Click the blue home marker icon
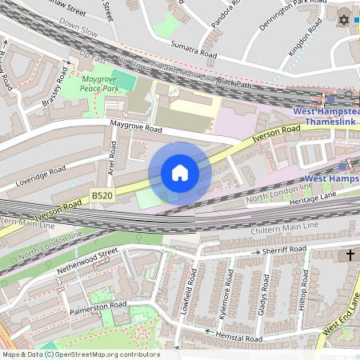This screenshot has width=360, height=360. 180,173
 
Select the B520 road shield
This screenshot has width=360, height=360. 102,194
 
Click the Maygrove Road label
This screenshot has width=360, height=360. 135,127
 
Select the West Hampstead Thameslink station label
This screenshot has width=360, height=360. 327,117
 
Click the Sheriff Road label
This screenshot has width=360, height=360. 284,250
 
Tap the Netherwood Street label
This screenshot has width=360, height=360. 87,262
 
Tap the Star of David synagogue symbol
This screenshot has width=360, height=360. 345,18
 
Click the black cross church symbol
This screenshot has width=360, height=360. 350,255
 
